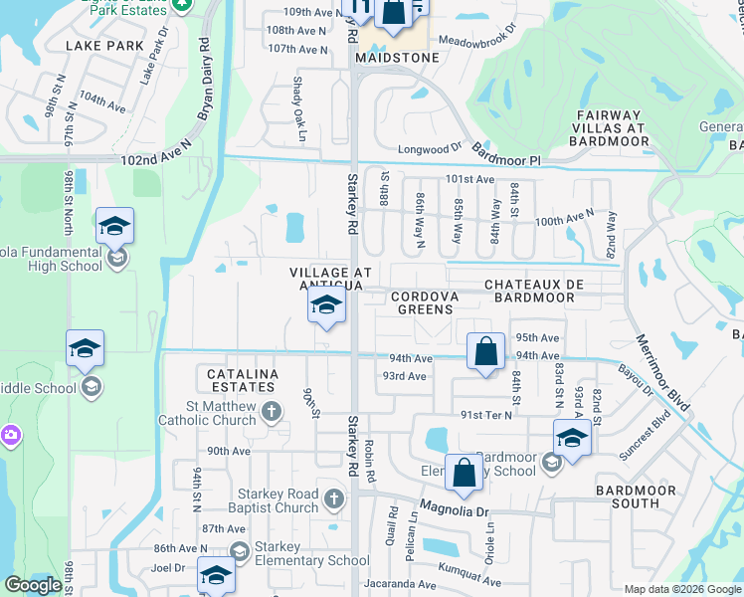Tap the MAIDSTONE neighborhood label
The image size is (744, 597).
click(395, 59)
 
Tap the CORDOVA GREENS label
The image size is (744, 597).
click(425, 302)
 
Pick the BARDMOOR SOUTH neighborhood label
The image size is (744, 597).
click(642, 497)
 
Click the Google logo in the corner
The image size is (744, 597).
click(33, 585)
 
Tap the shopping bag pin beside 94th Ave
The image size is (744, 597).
click(484, 352)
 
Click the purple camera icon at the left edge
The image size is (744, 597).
click(10, 435)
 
